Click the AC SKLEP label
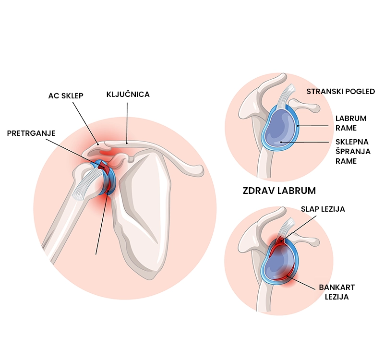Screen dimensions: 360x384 pos(66,96)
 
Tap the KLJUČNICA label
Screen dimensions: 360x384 pos(128,95)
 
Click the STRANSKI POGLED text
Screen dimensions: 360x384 pos(340,92)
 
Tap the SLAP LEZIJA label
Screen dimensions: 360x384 pos(323,209)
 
